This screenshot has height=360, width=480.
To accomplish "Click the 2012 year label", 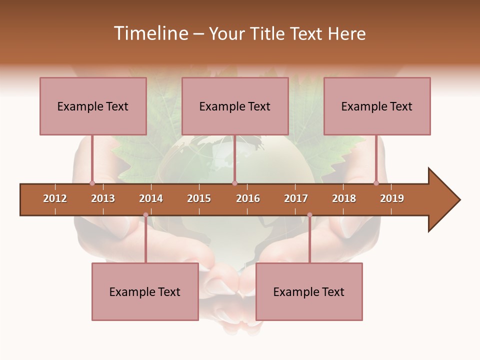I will pyautogui.click(x=55, y=198).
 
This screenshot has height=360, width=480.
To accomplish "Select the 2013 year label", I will pyautogui.click(x=103, y=198).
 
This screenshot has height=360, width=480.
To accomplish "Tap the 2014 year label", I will pyautogui.click(x=151, y=198).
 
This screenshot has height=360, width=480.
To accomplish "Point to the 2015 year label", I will pyautogui.click(x=199, y=198).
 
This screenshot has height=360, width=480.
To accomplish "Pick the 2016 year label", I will pyautogui.click(x=248, y=198).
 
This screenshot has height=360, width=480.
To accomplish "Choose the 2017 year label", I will pyautogui.click(x=296, y=198).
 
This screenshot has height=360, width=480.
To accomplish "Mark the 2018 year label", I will pyautogui.click(x=344, y=198).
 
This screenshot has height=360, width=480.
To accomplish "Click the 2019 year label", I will pyautogui.click(x=392, y=198).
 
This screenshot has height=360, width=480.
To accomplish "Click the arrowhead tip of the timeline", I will pyautogui.click(x=458, y=199).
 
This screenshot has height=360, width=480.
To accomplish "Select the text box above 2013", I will pyautogui.click(x=93, y=106).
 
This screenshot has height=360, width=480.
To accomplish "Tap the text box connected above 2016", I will pyautogui.click(x=235, y=106).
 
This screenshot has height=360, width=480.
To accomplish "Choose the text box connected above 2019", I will pyautogui.click(x=377, y=106).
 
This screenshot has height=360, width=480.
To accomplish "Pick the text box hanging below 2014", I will pyautogui.click(x=145, y=291).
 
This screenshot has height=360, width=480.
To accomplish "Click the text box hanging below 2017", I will pyautogui.click(x=309, y=291).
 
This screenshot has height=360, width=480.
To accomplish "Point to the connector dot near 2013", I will pyautogui.click(x=92, y=183).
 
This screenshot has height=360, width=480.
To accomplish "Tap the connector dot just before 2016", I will pyautogui.click(x=234, y=183).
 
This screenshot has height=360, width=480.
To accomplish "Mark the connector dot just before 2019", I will pyautogui.click(x=376, y=183).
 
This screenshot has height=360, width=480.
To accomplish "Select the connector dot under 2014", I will pyautogui.click(x=145, y=215).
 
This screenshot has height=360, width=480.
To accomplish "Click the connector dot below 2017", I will pyautogui.click(x=309, y=215).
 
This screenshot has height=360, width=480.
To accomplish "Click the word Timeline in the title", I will pyautogui.click(x=150, y=33).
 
